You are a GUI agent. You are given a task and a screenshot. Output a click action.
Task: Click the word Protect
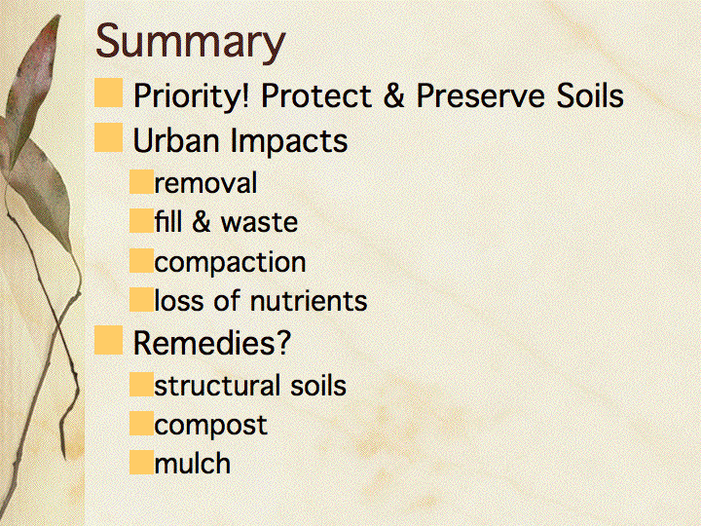tap(315, 95)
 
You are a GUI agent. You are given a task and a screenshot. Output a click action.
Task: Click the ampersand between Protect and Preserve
tap(393, 95)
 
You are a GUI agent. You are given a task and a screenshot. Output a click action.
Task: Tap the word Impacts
tap(289, 140)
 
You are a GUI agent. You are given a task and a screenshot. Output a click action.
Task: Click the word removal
tap(205, 183)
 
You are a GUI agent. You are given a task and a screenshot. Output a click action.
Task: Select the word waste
tap(259, 222)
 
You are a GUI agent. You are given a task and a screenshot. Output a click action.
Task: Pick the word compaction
tap(230, 262)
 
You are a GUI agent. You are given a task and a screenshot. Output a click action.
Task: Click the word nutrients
tap(309, 301)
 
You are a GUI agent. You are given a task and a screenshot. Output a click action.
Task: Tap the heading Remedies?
tap(212, 343)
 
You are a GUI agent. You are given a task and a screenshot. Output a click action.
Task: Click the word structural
tap(217, 386)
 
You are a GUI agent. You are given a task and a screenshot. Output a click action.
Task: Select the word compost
tap(210, 426)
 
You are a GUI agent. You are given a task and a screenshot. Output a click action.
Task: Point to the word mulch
tap(193, 463)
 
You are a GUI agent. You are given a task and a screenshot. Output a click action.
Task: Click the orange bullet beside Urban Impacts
tap(109, 137)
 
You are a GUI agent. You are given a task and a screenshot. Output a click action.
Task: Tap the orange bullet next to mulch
tap(142, 462)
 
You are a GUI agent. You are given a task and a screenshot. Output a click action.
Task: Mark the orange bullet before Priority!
tap(109, 93)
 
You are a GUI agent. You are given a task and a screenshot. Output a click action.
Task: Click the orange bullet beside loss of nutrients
tap(142, 299)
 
